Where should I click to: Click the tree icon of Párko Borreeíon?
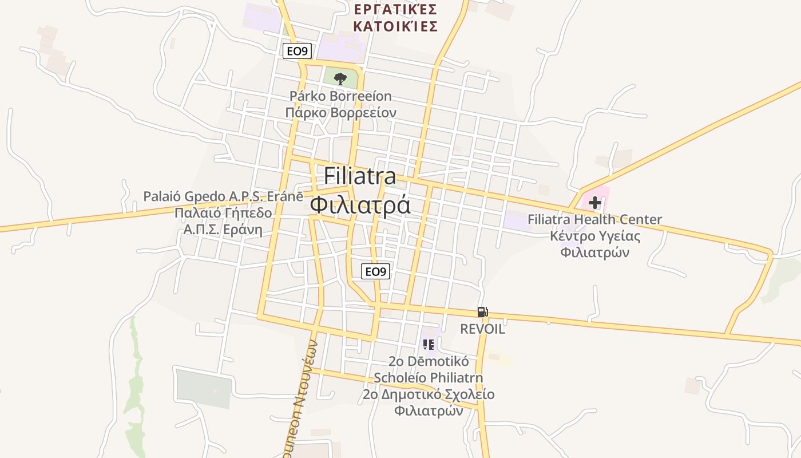[340, 78]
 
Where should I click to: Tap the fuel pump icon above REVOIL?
[482, 312]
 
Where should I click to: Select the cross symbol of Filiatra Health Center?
[595, 202]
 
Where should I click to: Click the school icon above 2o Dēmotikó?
[429, 344]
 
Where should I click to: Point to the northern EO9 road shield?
[297, 52]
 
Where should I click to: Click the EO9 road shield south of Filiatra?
[375, 271]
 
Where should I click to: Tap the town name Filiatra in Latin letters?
[360, 176]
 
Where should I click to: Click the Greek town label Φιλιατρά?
[360, 204]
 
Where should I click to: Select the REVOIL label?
[482, 329]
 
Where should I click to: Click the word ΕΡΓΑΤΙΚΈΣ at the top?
[395, 9]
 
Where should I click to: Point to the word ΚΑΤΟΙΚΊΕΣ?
[395, 26]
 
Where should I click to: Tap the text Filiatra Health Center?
[594, 219]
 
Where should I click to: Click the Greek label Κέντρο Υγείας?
[595, 236]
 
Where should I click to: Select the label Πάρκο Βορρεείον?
[340, 113]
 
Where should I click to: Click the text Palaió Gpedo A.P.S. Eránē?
[223, 196]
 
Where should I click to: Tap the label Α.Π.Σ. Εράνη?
[223, 230]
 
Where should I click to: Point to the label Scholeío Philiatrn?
[428, 378]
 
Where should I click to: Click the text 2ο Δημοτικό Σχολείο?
[428, 394]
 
